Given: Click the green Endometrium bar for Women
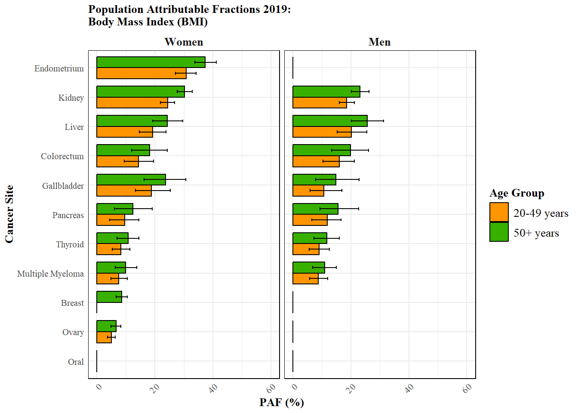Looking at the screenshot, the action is [x=151, y=62].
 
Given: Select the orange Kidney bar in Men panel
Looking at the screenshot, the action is [x=320, y=103].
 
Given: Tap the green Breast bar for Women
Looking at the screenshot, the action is [x=109, y=297].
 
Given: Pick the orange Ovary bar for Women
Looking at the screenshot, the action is [x=104, y=337].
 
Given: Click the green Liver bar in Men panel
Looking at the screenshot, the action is [x=330, y=121].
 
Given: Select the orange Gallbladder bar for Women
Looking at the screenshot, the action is [x=124, y=191].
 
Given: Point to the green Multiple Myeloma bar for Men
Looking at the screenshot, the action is [x=309, y=268].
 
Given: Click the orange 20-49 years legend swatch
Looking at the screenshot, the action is [x=499, y=212].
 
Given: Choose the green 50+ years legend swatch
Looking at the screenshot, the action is [x=499, y=232].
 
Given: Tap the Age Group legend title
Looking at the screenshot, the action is [x=517, y=193].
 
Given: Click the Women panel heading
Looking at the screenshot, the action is [x=184, y=42].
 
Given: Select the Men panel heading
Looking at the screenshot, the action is [x=380, y=42].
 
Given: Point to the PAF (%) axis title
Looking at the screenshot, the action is [x=282, y=402].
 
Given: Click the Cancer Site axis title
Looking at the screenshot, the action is [x=9, y=214].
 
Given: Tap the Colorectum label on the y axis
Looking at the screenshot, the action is [x=62, y=156].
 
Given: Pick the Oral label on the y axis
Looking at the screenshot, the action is [x=76, y=362].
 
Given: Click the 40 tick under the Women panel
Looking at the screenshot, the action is [x=213, y=388].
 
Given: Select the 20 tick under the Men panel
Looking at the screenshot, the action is [x=351, y=388].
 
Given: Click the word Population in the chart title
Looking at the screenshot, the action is [x=116, y=9].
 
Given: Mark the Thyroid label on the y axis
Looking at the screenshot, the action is [x=70, y=244].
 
